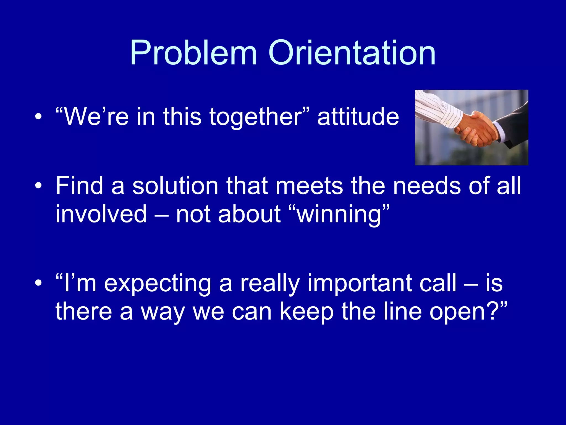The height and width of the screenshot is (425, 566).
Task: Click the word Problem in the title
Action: [193, 53]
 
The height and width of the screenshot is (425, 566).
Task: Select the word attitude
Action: [358, 117]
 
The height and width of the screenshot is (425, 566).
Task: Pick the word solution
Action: [175, 186]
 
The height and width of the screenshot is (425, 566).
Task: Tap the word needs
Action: [427, 186]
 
